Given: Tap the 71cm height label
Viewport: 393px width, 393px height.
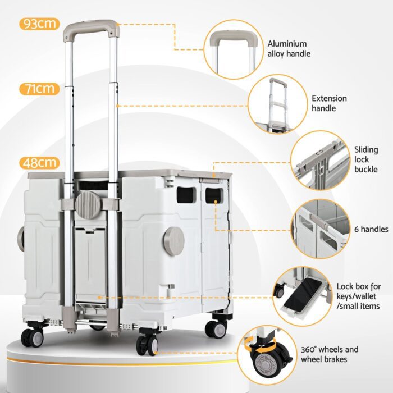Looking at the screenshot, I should (x=39, y=89).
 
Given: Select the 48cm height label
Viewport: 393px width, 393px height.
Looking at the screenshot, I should (x=39, y=163).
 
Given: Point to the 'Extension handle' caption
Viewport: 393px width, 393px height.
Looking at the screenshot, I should (x=329, y=103).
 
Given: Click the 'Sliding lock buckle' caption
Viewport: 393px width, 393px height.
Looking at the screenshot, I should (x=366, y=159).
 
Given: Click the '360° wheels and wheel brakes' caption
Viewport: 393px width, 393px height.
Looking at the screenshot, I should (x=332, y=354).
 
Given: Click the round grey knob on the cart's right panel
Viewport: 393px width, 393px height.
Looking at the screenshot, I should (x=174, y=240).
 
